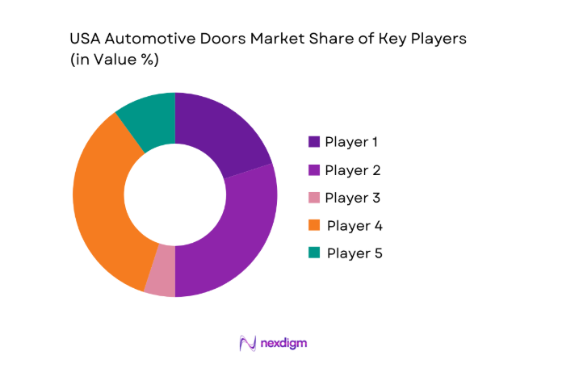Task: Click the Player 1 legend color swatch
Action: [313, 142]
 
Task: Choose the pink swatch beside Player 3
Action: [313, 198]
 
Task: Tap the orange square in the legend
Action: [313, 225]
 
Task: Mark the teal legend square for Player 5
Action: [313, 253]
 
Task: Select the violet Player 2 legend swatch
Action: [313, 170]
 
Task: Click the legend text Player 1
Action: [351, 142]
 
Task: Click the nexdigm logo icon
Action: [248, 343]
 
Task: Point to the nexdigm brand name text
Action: [283, 343]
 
